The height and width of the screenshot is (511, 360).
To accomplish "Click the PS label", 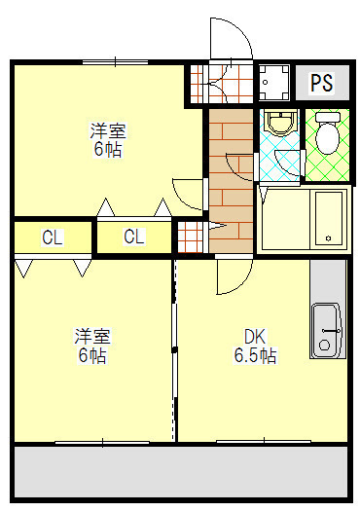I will click(322, 84).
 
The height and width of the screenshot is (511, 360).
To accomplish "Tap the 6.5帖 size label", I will click(255, 356).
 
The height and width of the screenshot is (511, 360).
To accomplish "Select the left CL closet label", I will click(53, 237).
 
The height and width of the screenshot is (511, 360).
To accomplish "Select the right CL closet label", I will click(134, 237).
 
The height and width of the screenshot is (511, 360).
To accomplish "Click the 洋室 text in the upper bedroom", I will click(108, 131).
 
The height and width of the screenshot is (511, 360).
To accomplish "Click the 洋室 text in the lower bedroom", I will click(93, 338).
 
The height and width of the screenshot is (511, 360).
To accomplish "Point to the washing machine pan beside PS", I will click(273, 84).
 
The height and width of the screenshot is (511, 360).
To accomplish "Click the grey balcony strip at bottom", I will click(180, 471).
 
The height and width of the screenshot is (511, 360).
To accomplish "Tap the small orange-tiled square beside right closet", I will click(189, 237).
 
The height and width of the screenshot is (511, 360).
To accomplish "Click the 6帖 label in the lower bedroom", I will click(93, 356).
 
